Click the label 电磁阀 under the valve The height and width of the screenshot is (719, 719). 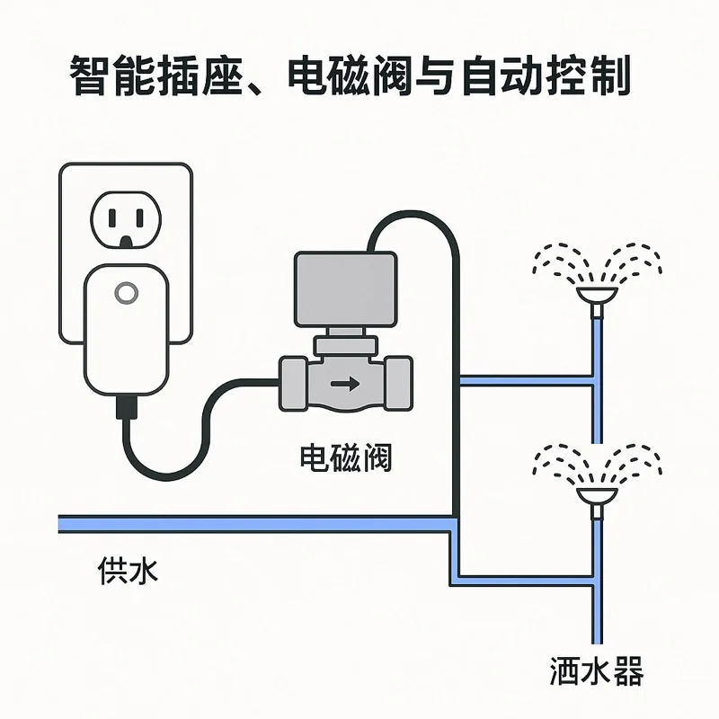click(x=345, y=459)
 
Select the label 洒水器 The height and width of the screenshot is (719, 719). click(x=596, y=670)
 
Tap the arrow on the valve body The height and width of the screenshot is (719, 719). click(x=343, y=385)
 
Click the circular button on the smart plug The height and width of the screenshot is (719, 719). click(x=126, y=294)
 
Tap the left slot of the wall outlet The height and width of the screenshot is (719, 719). click(x=112, y=217)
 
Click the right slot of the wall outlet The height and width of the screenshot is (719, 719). click(x=141, y=217)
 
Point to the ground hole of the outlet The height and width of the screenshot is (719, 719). click(x=127, y=239)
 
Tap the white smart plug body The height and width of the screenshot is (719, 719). click(x=126, y=333)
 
